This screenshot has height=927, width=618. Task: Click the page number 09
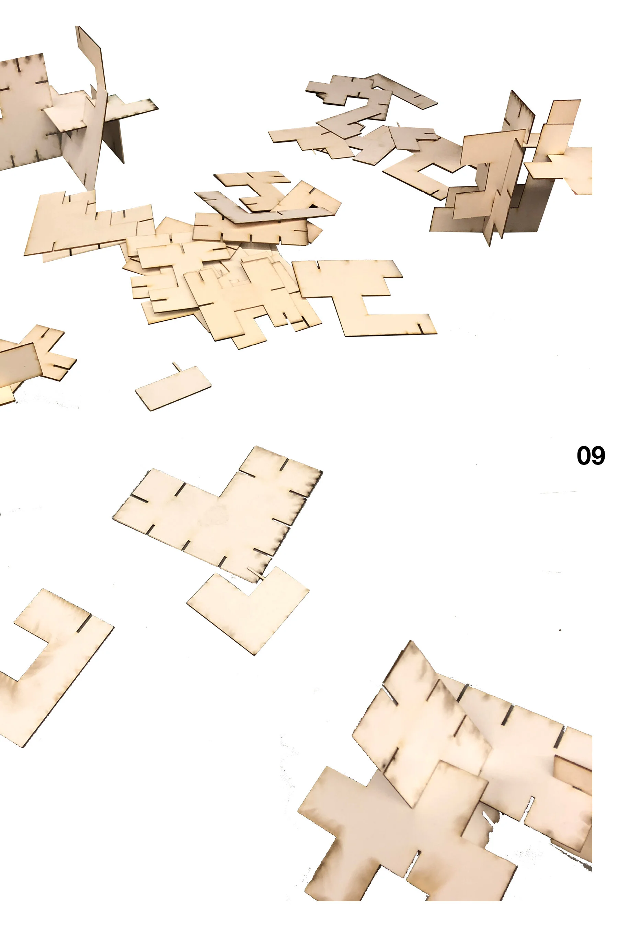[591, 456]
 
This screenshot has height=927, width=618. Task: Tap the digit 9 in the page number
[598, 456]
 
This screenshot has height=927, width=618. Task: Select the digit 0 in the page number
[583, 456]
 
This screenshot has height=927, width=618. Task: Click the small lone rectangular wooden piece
[173, 388]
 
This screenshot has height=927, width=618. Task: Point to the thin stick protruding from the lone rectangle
[176, 367]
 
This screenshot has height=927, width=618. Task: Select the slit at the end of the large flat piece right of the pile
[421, 328]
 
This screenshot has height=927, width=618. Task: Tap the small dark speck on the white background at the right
[560, 630]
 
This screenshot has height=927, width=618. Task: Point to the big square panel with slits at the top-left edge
[24, 112]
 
